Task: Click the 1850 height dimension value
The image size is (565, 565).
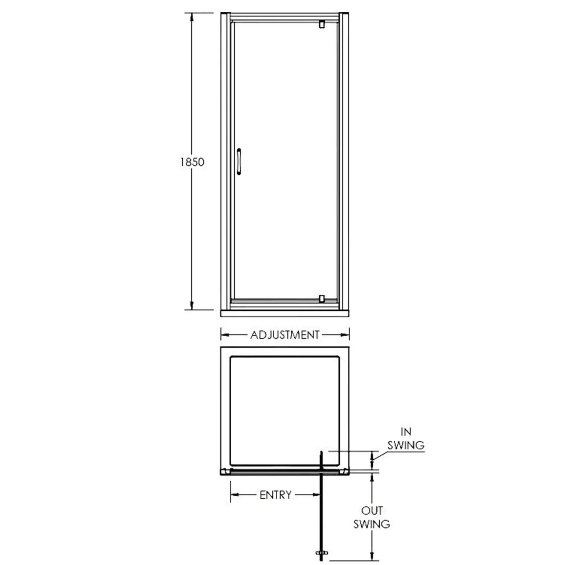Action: [192, 162]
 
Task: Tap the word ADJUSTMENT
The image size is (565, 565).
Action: [285, 335]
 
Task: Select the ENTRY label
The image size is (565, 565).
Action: [275, 495]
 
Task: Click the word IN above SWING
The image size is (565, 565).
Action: [406, 432]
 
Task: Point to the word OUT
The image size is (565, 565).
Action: [372, 511]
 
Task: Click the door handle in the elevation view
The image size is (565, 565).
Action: [239, 162]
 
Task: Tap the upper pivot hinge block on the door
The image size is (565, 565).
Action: [321, 24]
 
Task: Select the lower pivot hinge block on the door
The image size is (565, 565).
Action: [321, 299]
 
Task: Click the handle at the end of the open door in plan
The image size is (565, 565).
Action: [321, 553]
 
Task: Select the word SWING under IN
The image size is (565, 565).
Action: [406, 445]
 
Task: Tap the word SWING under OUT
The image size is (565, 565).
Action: [372, 524]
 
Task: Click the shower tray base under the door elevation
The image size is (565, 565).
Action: [285, 313]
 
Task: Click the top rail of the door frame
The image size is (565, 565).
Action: [285, 17]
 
